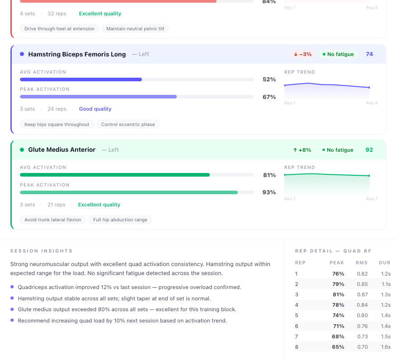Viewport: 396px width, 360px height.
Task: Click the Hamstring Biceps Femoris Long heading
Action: click(77, 54)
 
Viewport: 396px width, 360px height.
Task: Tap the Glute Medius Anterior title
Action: click(61, 150)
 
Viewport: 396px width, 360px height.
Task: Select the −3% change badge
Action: click(302, 54)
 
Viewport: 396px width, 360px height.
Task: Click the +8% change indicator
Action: click(302, 150)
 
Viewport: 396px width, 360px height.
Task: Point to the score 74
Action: click(369, 54)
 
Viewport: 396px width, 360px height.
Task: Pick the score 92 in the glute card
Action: click(369, 150)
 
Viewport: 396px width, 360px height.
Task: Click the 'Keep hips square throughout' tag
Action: click(57, 124)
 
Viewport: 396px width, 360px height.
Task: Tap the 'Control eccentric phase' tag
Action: click(128, 124)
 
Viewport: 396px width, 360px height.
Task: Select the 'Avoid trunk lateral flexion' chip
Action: click(53, 220)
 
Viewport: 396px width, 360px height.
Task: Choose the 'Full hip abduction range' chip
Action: click(120, 220)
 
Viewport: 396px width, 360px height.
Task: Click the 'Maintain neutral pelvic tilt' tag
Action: click(135, 28)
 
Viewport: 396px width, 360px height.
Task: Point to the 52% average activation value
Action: click(269, 79)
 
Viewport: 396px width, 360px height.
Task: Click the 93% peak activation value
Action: click(269, 192)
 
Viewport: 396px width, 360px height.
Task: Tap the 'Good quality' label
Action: click(95, 109)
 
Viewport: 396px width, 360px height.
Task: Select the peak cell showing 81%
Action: click(338, 295)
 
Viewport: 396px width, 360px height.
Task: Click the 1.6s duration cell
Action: click(386, 347)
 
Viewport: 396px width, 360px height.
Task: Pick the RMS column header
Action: click(362, 262)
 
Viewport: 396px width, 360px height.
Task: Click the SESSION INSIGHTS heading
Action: click(41, 251)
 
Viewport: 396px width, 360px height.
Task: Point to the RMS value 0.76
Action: click(362, 326)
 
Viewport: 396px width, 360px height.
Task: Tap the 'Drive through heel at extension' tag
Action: click(59, 28)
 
